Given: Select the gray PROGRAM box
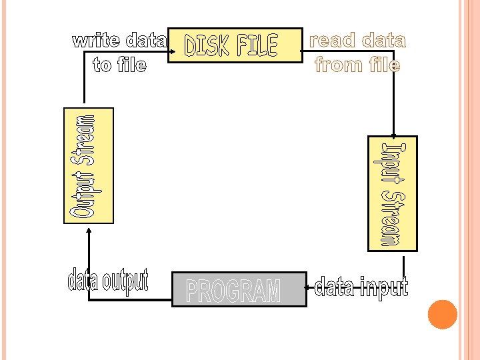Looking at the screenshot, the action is [x=239, y=289].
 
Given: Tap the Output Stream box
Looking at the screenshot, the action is [x=89, y=165].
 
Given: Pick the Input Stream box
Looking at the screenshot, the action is [x=393, y=193].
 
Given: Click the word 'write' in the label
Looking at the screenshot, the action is [x=97, y=41].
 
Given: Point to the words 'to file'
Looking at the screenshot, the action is [x=120, y=65].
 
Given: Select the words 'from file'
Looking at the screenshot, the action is [x=357, y=65].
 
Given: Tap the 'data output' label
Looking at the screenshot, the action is [x=107, y=281].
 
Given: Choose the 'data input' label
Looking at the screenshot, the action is [x=361, y=287].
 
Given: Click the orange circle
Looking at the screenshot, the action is [x=442, y=315].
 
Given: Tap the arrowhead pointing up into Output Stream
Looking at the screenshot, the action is [x=89, y=227].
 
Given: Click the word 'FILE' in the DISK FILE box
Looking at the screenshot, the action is [x=257, y=45].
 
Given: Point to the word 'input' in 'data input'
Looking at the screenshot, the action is [x=382, y=287].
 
